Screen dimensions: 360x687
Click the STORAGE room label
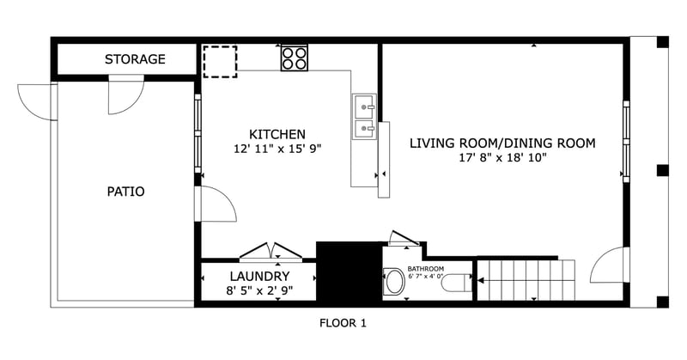pos(135,59)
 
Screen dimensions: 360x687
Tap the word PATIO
pos(125,192)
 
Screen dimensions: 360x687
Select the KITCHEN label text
pos(277,134)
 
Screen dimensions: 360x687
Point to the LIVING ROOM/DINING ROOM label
pos(502,143)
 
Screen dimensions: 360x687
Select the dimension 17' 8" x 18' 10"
pos(502,157)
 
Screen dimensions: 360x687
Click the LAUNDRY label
pos(259,276)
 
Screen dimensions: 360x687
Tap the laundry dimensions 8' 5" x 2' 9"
pos(259,290)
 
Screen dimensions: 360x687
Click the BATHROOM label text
pos(424,268)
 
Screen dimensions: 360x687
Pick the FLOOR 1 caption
pos(343,324)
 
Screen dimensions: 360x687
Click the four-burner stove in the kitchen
pos(295,58)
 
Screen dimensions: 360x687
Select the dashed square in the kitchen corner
pos(221,61)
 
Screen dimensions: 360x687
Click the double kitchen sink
pos(364,118)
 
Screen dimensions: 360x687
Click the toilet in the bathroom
pos(456,282)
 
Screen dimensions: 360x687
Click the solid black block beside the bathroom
pos(349,271)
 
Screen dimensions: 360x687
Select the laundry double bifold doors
pos(271,251)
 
